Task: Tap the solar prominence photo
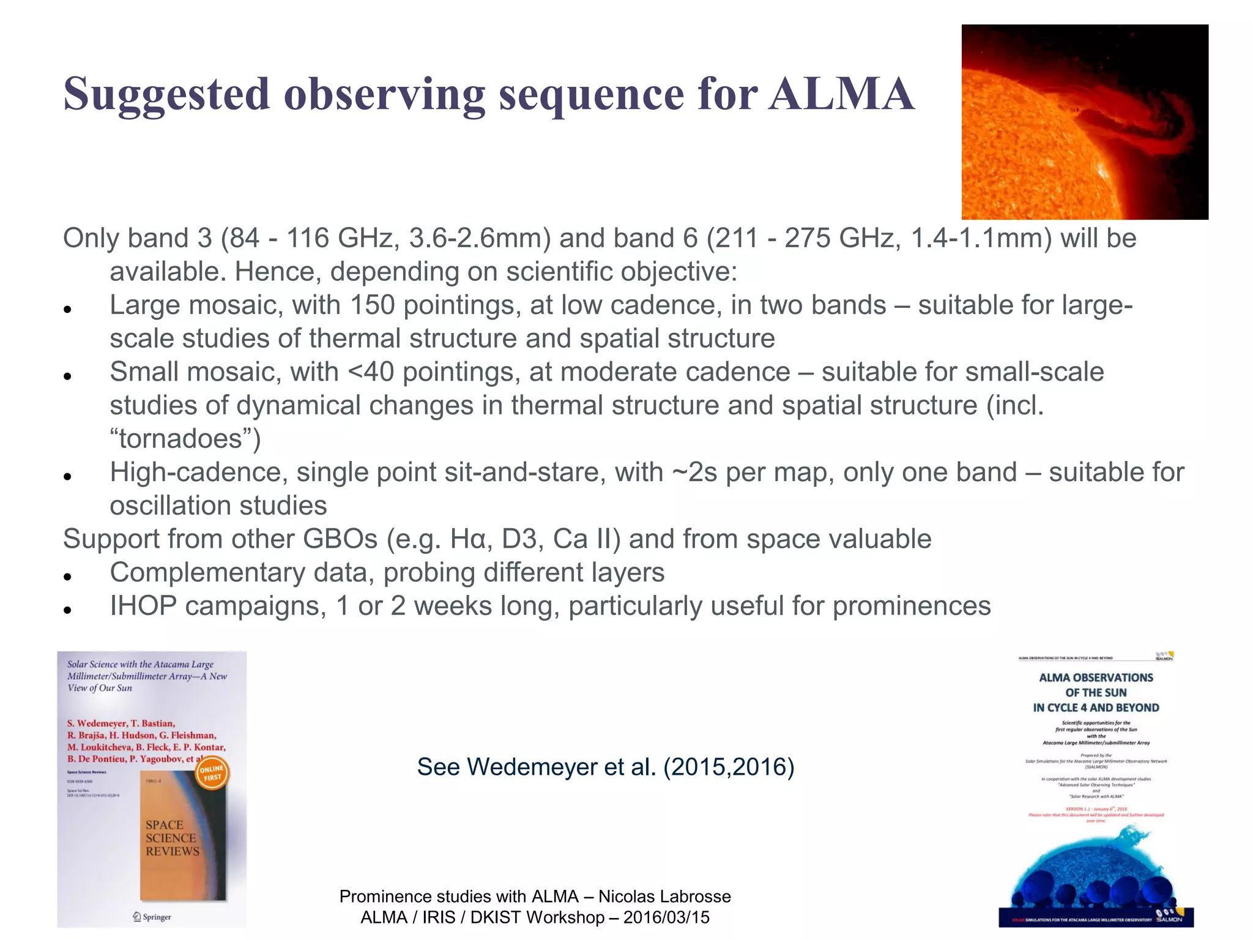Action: [1084, 122]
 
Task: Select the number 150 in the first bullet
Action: [372, 305]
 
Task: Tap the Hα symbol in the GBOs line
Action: [468, 539]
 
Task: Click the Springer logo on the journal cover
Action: [152, 917]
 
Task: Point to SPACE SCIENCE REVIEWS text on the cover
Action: [172, 838]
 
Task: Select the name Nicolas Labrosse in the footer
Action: [664, 897]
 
